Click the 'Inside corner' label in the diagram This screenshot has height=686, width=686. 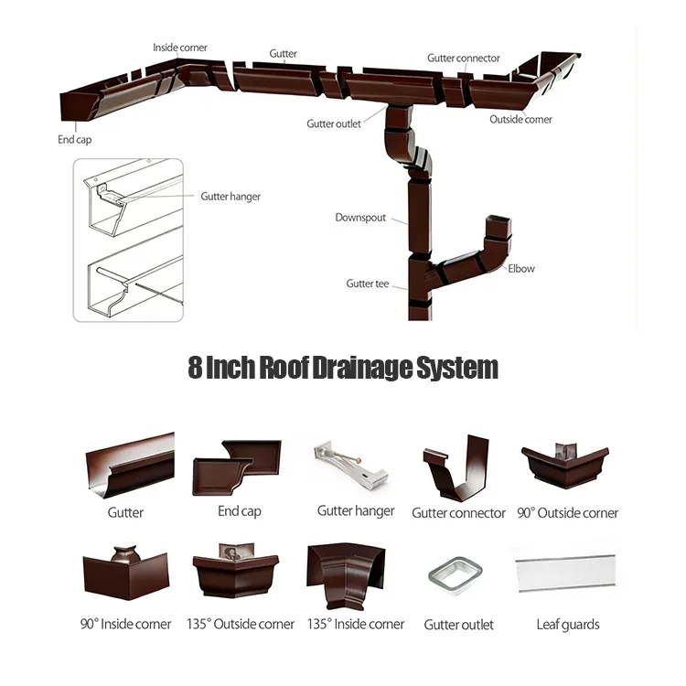tap(180, 48)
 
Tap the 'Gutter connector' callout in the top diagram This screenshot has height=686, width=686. tap(464, 59)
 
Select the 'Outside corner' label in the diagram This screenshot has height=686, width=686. tap(520, 120)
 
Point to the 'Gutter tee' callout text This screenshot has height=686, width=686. tap(368, 284)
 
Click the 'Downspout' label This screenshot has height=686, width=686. tap(360, 219)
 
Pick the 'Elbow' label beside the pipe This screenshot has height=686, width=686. tap(521, 269)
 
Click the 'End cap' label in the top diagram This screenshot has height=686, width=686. tap(75, 140)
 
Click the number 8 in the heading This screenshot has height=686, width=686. tap(195, 369)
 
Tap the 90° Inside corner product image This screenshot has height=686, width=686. tap(125, 573)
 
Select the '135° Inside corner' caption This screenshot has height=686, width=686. tap(356, 624)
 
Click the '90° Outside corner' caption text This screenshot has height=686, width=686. tap(567, 513)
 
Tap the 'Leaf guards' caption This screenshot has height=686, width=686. tap(568, 625)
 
